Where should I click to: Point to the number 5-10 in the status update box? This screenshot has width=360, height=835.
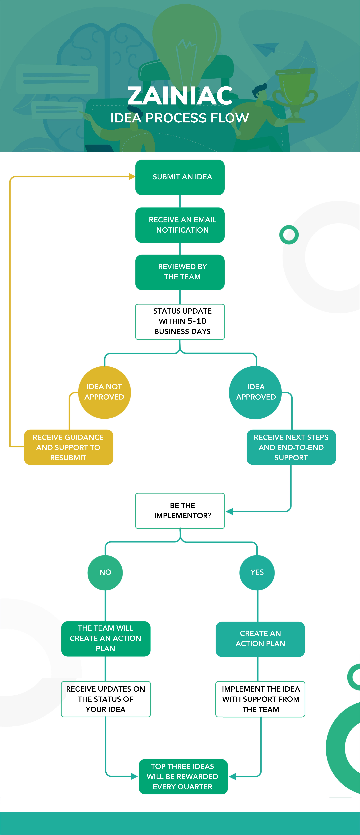click(197, 321)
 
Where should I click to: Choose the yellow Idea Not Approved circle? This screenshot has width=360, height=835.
click(104, 392)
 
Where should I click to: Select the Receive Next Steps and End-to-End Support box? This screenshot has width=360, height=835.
click(291, 447)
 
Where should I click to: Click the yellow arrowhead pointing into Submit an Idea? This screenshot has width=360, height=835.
click(132, 177)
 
